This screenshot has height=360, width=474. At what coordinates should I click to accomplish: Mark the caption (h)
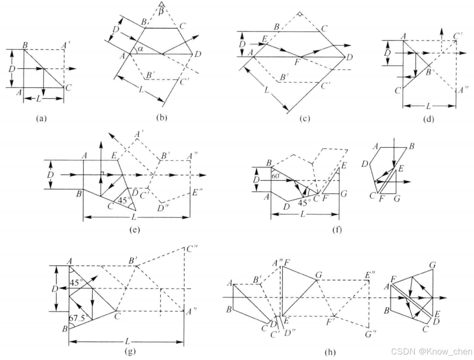(x=330, y=352)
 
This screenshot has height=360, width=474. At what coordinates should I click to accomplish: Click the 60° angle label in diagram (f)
(x=276, y=175)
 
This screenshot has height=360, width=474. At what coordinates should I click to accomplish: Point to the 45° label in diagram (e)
(x=120, y=200)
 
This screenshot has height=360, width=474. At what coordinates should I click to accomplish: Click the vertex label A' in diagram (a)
(x=65, y=44)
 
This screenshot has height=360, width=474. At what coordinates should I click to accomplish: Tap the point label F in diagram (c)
(x=297, y=63)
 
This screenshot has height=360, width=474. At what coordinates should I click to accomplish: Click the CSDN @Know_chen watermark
(x=431, y=351)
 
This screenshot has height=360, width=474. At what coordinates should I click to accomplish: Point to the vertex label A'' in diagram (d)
(x=464, y=90)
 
